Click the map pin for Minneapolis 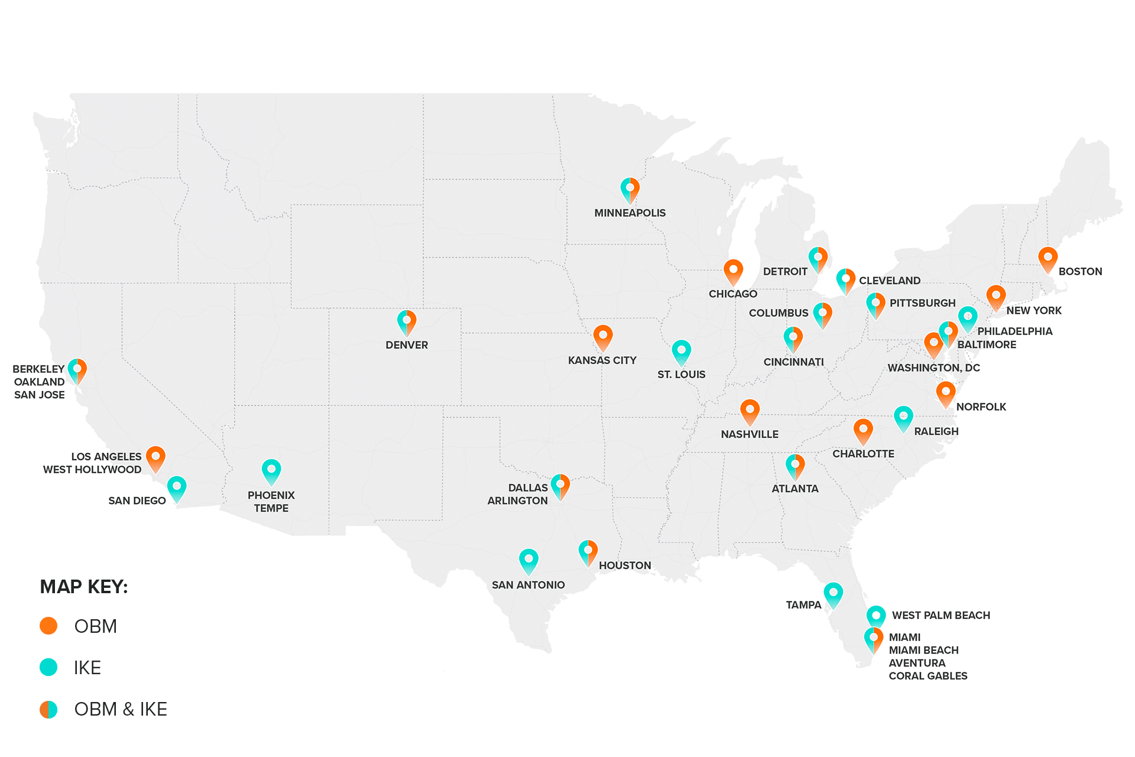pos(630,189)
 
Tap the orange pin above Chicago pos(733,271)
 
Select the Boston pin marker pos(1048,259)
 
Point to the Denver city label pos(407,345)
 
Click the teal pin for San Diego pos(177,489)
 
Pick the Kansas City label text pos(602,360)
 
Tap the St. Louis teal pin pos(681,352)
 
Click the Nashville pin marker pos(750,411)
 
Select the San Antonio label pos(528,585)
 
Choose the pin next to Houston pos(588,552)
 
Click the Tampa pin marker pos(833,594)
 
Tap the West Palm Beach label pos(941,615)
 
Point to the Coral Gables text pos(928,676)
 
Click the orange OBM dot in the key pos(48,626)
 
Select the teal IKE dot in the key pos(48,667)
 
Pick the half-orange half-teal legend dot pos(48,709)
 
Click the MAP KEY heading pos(84,587)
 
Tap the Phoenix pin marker pos(271,471)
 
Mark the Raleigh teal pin pos(903,418)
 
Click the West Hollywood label pos(92,470)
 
